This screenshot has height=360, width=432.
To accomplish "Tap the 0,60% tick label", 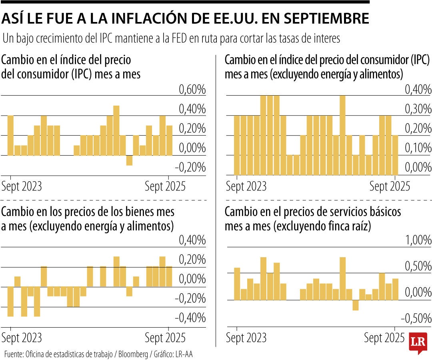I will point(192,90).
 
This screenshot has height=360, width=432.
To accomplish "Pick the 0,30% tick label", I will point(418,109).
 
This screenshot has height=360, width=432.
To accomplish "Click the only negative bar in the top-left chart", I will point(129,160).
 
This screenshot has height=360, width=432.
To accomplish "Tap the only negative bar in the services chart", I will point(355,305).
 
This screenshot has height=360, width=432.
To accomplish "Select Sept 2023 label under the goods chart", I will point(22,338).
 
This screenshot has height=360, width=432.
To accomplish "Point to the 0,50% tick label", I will point(418,266).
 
